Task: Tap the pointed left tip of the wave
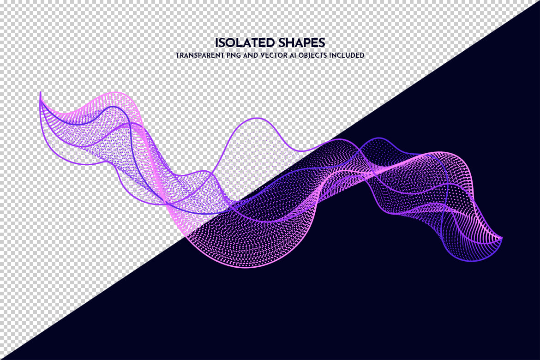click(x=40, y=92)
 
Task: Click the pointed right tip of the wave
click(x=502, y=237)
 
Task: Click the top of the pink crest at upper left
click(x=116, y=93)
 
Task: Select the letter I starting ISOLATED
click(x=216, y=43)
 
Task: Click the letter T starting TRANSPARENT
click(x=178, y=55)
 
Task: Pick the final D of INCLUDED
click(x=362, y=55)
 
